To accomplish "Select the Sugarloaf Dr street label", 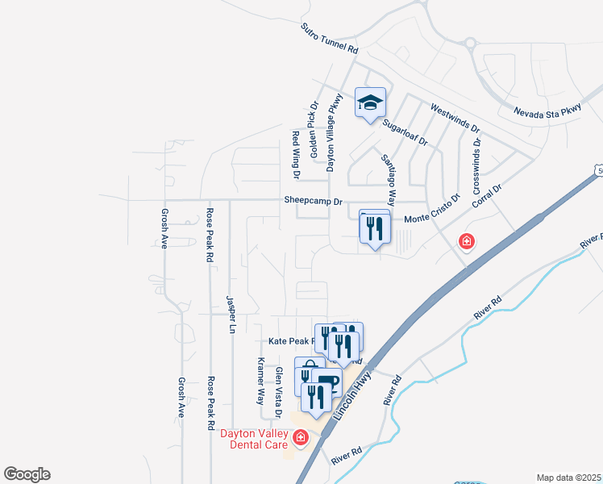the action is coord(405,131).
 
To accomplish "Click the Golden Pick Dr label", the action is coord(314,118).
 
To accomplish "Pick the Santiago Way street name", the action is coord(389,179).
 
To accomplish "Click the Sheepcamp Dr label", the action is coord(313,200).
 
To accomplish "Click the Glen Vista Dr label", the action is coord(278,392).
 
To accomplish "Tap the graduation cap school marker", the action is coord(370,102).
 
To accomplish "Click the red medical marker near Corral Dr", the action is coord(465,240).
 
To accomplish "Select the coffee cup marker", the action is coord(328,383).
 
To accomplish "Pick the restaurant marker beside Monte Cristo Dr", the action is coord(375,228).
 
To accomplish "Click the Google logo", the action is coord(27,474).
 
